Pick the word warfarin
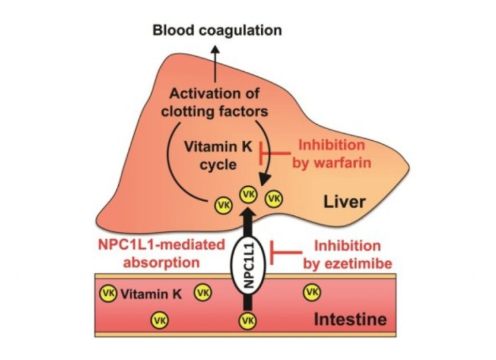tap(344, 162)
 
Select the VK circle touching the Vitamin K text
tap(108, 293)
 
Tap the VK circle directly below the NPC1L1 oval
tap(246, 319)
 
